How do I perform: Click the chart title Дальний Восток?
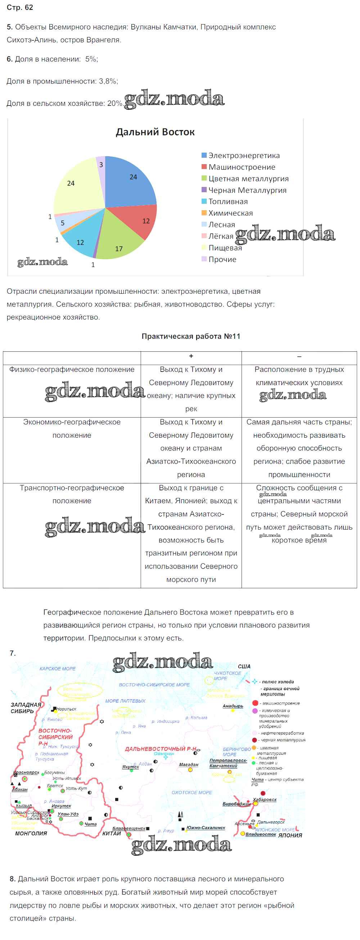[x=155, y=132]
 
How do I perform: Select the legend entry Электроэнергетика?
[x=244, y=156]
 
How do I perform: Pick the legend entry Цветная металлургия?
[x=248, y=179]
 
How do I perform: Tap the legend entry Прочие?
[x=222, y=260]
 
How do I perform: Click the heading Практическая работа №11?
[x=191, y=337]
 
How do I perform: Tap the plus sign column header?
[x=191, y=356]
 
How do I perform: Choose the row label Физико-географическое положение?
[x=72, y=370]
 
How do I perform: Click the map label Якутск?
[x=131, y=767]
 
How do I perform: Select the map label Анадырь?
[x=233, y=706]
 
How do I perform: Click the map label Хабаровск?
[x=265, y=800]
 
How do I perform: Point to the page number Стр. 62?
[x=20, y=8]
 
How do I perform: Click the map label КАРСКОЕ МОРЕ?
[x=57, y=669]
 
